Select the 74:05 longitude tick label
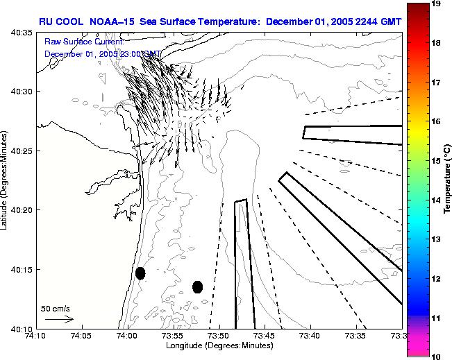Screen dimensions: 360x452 click(x=81, y=336)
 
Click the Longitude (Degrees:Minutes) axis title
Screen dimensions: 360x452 click(x=218, y=345)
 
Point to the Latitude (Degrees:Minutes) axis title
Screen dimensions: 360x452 click(x=6, y=180)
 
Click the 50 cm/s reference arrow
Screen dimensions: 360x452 click(x=60, y=319)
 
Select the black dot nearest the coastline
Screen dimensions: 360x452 click(x=140, y=273)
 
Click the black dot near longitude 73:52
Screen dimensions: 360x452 click(x=197, y=286)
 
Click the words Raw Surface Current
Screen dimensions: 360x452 click(x=83, y=42)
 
